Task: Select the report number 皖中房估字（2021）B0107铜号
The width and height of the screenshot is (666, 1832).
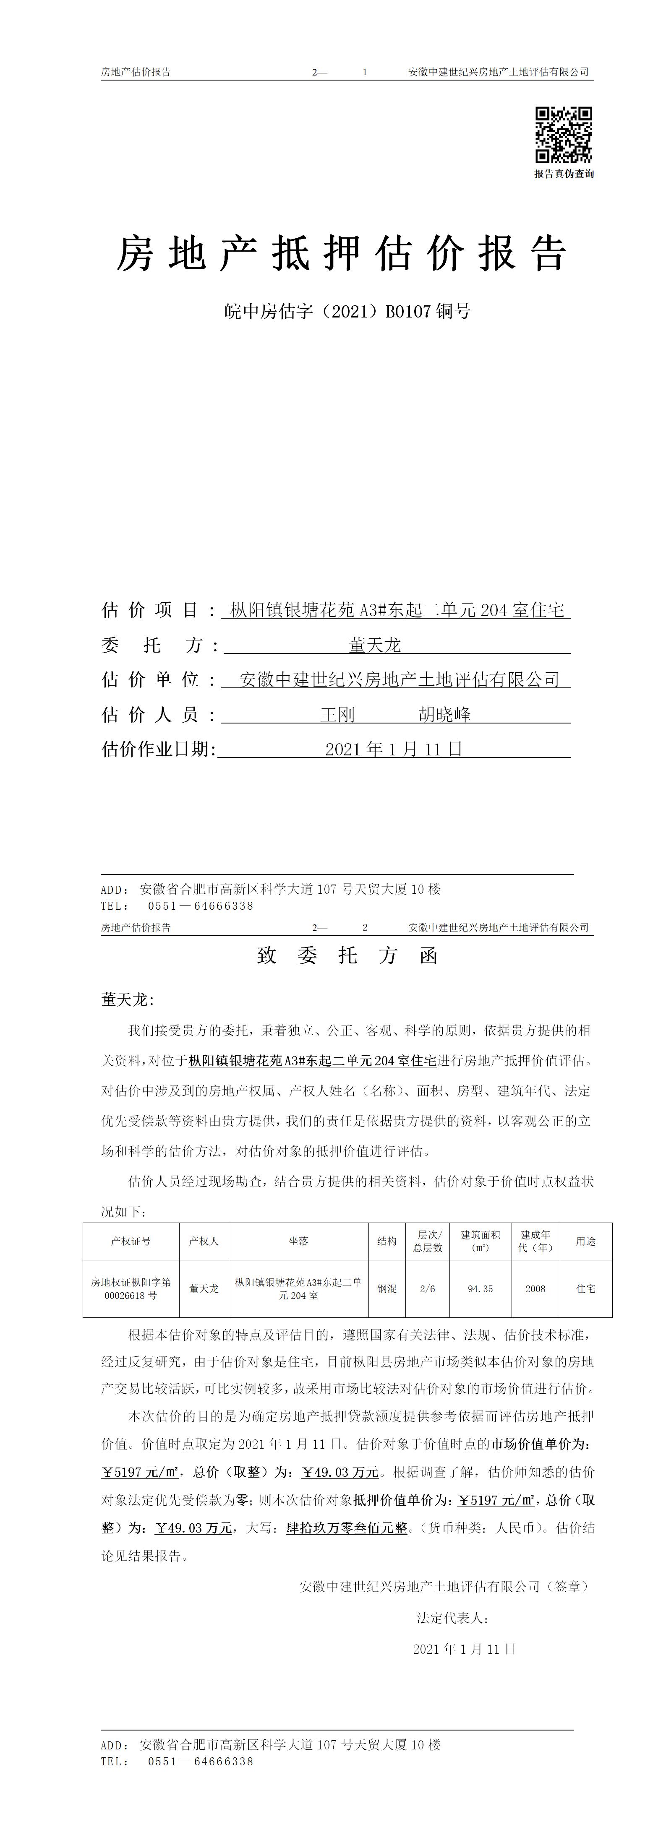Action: click(347, 312)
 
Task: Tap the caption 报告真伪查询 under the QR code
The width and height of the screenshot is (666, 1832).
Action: click(564, 174)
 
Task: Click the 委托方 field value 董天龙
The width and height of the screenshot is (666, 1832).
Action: click(375, 645)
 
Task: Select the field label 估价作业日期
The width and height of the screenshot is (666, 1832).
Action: click(158, 749)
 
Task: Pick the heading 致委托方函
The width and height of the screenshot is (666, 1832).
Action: click(347, 955)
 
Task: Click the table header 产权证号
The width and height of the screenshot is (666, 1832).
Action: click(131, 1241)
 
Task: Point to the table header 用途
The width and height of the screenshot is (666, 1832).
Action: click(585, 1241)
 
